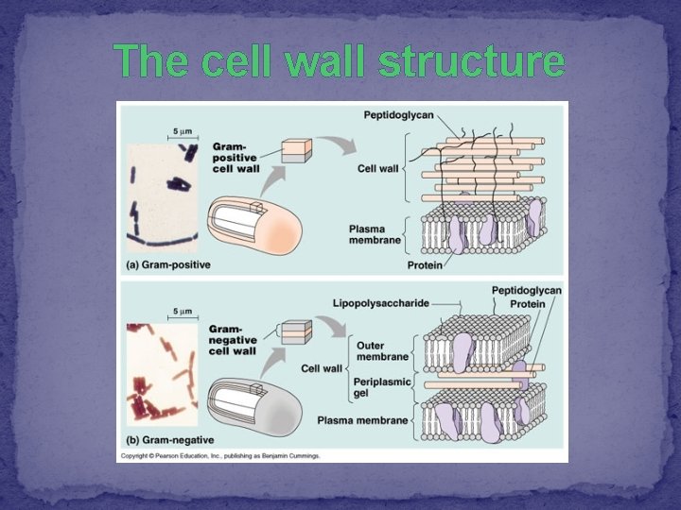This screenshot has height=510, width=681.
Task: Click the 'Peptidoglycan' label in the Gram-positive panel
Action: click(x=398, y=115)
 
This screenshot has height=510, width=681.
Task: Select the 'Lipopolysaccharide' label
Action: click(x=379, y=303)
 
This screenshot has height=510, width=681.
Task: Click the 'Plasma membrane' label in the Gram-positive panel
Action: click(x=375, y=234)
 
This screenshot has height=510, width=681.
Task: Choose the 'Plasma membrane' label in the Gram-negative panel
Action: click(x=362, y=419)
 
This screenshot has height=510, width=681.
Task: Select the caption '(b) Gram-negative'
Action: click(x=169, y=439)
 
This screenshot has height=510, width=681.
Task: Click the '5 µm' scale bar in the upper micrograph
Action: click(x=182, y=132)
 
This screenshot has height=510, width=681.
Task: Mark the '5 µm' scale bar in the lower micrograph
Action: click(x=182, y=312)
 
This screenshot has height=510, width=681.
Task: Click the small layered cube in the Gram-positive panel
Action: click(x=297, y=151)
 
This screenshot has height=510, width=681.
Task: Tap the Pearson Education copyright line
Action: click(x=219, y=455)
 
